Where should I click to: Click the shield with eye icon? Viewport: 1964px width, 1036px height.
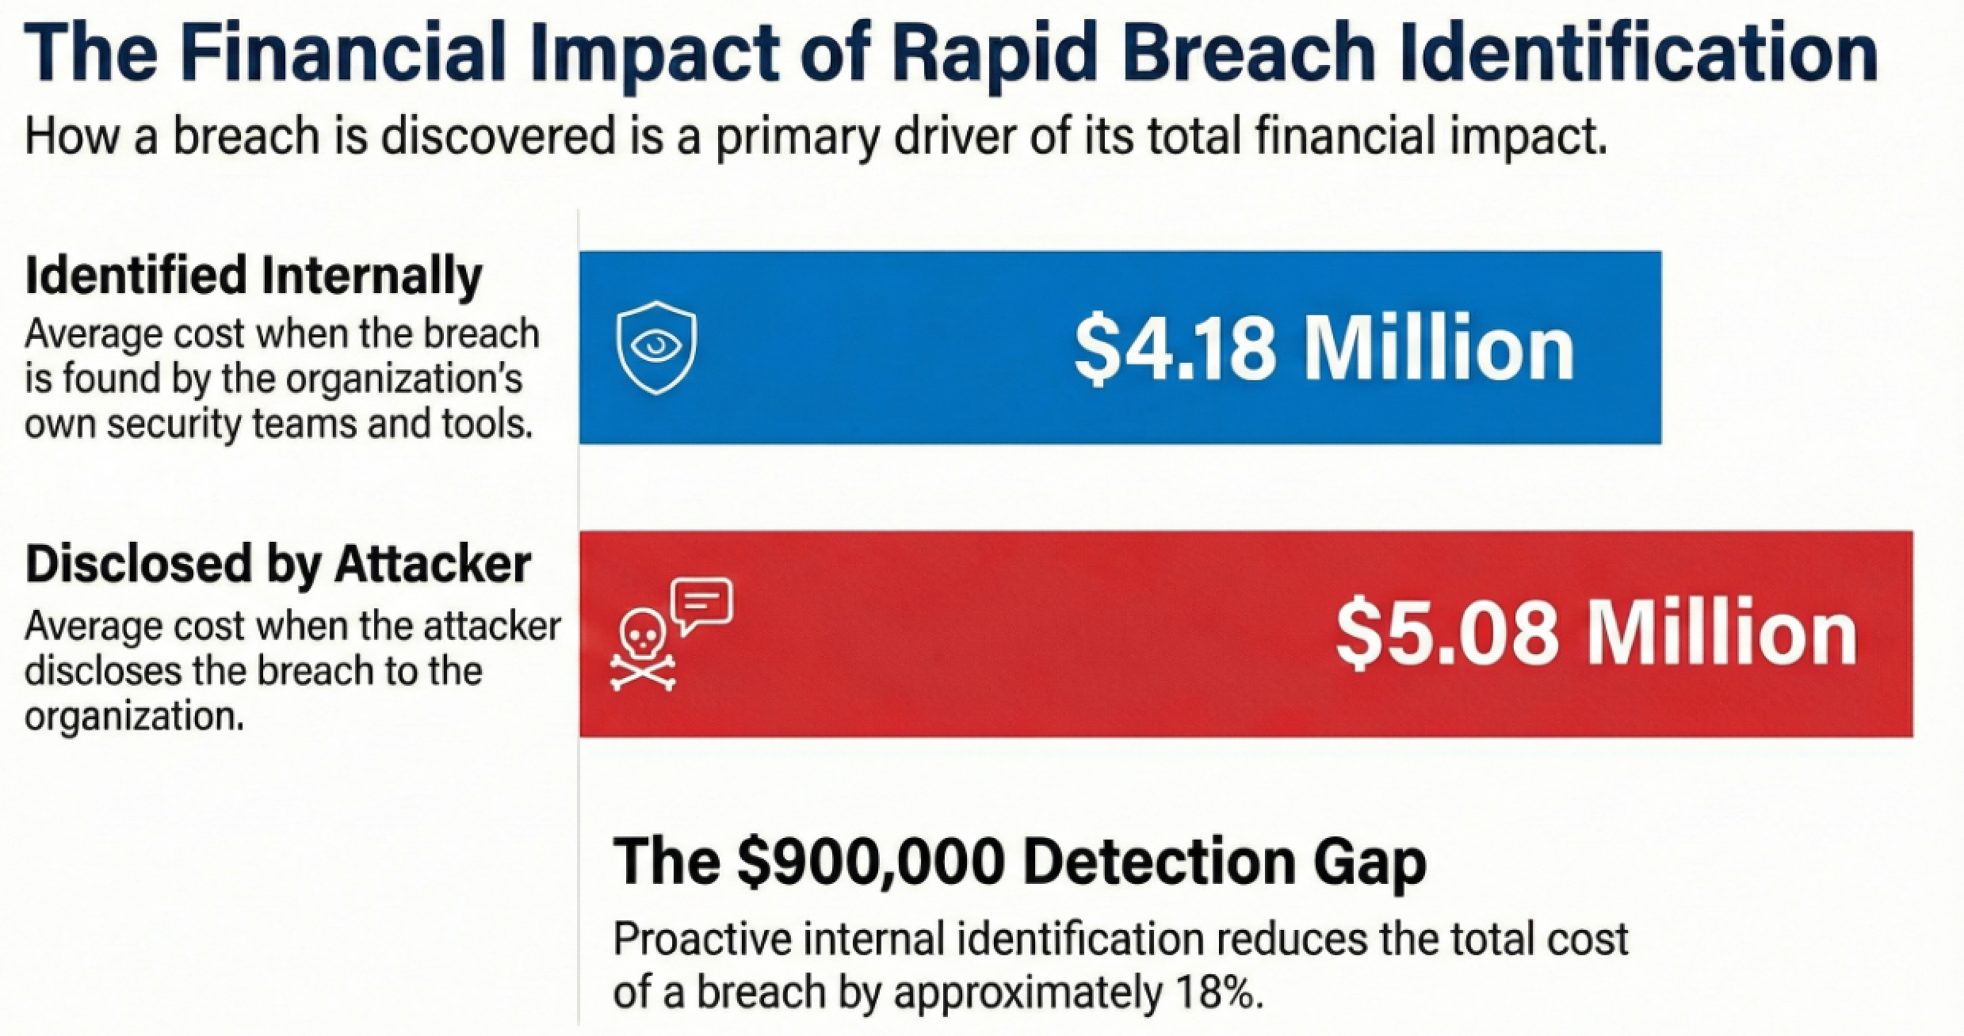click(656, 348)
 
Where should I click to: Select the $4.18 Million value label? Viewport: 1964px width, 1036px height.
click(1324, 348)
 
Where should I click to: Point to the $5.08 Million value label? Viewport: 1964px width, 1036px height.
click(1596, 634)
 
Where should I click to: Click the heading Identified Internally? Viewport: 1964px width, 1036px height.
click(254, 276)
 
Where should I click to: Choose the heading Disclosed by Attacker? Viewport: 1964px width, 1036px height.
click(278, 564)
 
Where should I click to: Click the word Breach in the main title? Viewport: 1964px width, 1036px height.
click(1239, 53)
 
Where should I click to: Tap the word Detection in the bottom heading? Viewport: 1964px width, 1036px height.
click(1159, 862)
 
